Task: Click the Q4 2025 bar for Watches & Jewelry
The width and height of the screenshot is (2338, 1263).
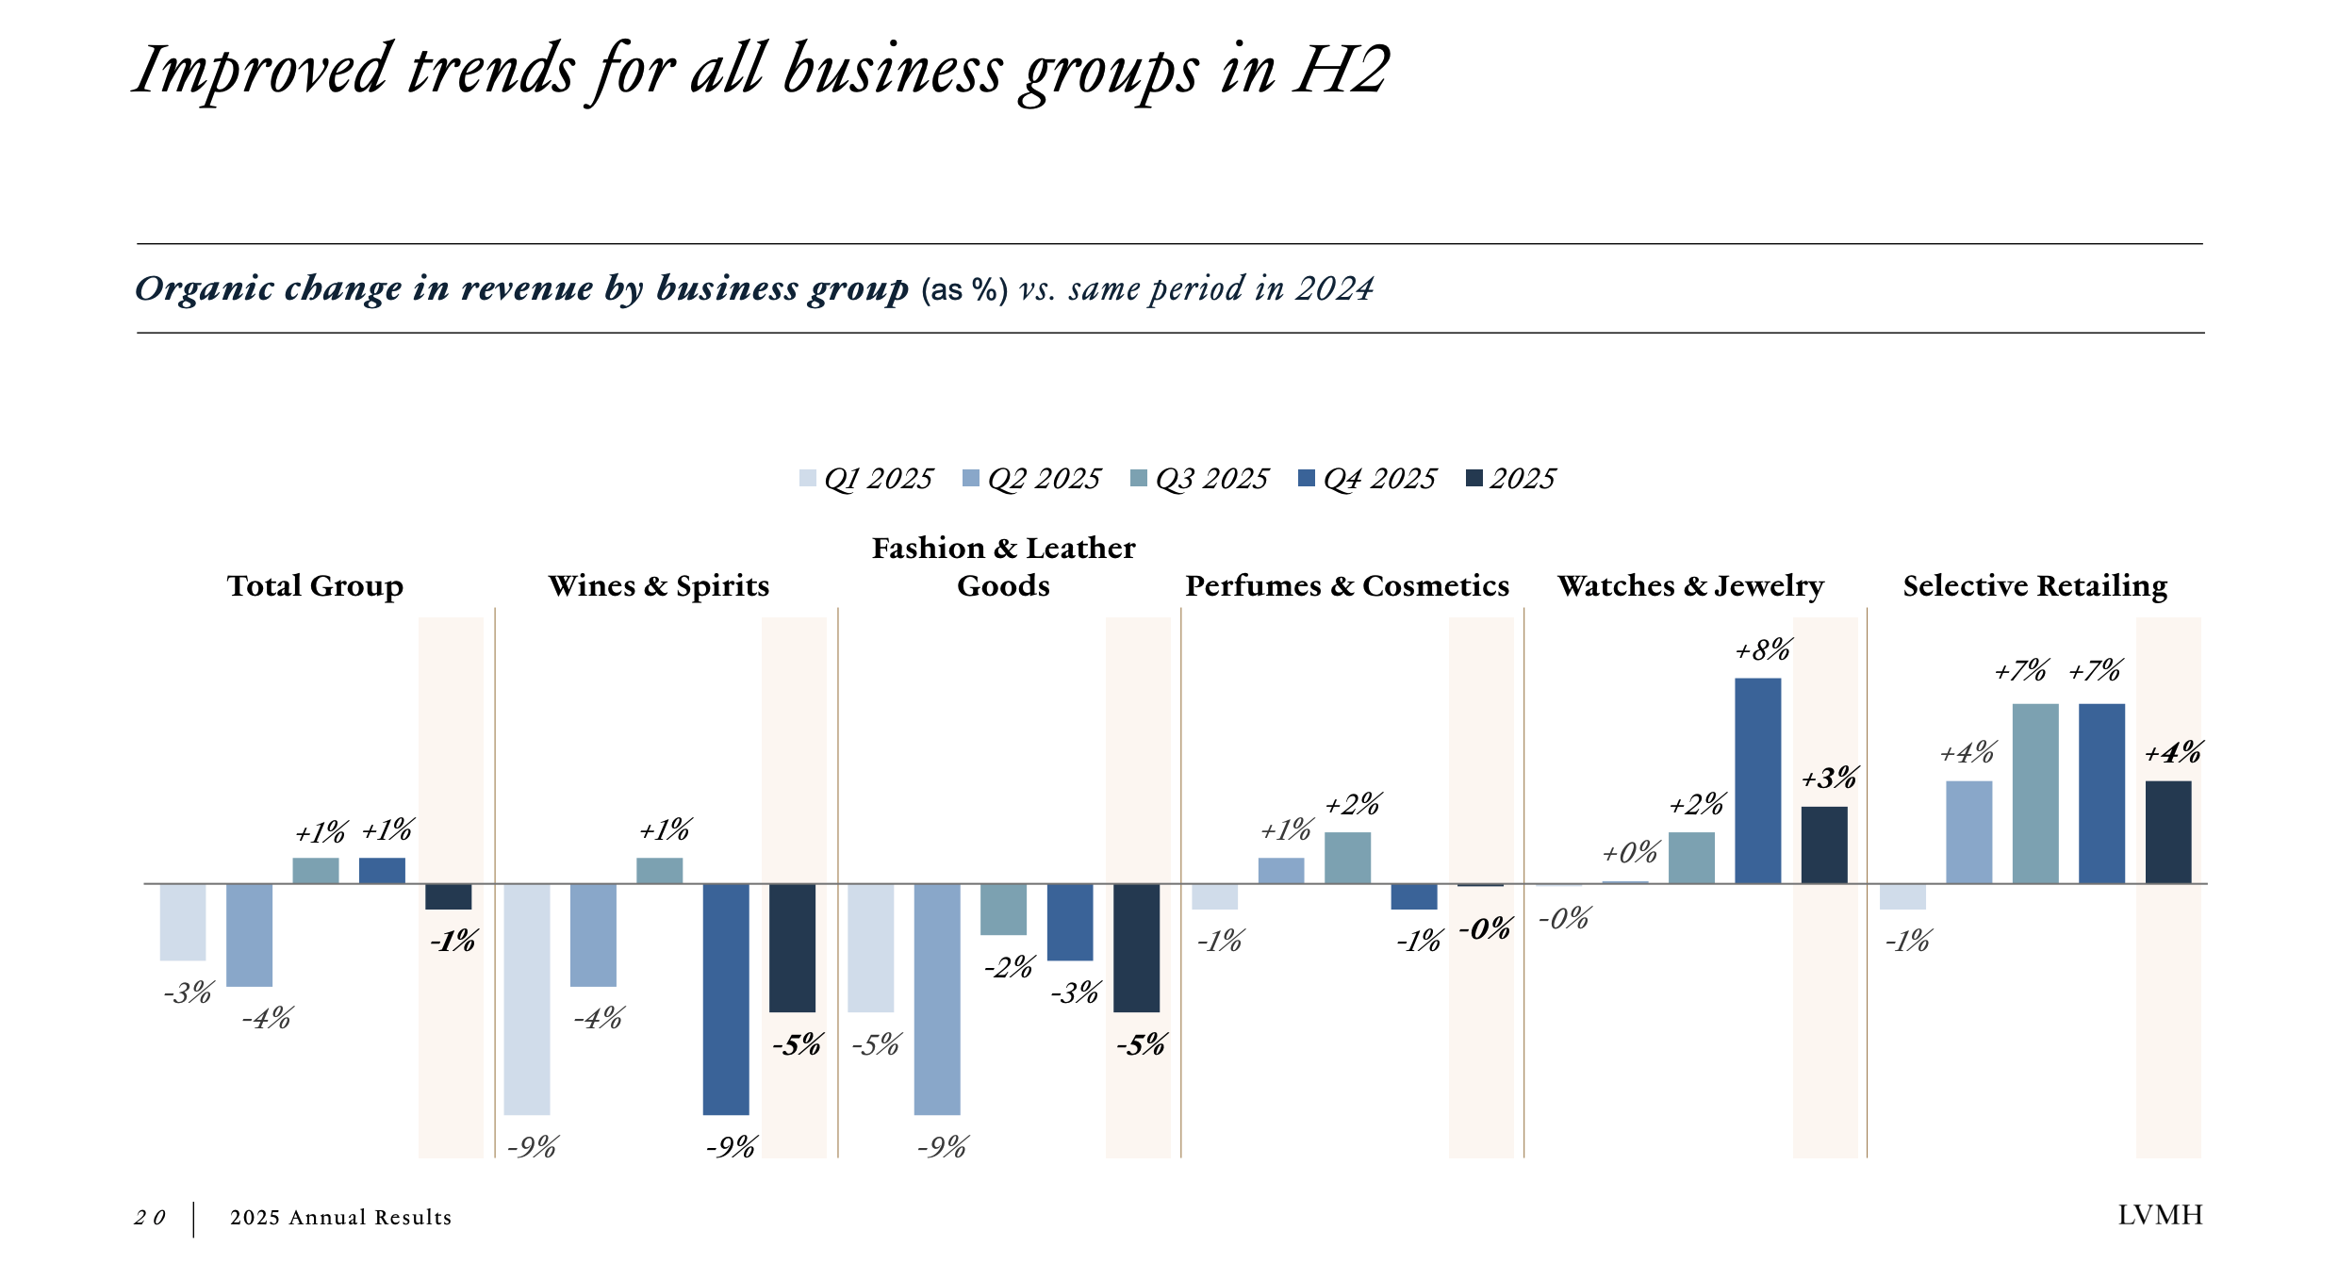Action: point(1757,780)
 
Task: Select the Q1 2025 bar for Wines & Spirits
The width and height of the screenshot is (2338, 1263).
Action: point(527,999)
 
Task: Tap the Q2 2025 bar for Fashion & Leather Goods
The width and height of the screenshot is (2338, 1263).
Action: point(937,999)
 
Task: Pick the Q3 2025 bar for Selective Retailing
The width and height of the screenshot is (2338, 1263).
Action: point(2035,794)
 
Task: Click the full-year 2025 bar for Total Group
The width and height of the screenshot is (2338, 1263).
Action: point(448,896)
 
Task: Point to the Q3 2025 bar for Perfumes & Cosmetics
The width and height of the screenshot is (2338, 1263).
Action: point(1347,858)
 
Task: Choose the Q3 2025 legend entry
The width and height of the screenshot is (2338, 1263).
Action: point(1199,479)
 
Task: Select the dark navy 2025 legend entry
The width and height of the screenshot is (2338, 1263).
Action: point(1510,479)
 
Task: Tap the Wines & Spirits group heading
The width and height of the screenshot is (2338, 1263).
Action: point(658,585)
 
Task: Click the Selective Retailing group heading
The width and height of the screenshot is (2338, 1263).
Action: point(2034,585)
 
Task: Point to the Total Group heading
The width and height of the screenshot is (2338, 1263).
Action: point(315,585)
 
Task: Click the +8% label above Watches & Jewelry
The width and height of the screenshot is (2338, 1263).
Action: point(1763,649)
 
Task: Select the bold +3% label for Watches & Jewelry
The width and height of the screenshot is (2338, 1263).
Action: point(1829,779)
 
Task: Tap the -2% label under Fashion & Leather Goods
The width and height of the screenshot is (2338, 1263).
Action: point(1009,967)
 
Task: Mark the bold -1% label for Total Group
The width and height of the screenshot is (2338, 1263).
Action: point(453,941)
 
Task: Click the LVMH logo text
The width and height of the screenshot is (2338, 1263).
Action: point(2160,1215)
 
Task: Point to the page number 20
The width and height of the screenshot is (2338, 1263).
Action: point(150,1218)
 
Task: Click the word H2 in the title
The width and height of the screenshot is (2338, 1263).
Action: point(1341,70)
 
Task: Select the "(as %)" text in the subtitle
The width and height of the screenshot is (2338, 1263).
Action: point(963,289)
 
